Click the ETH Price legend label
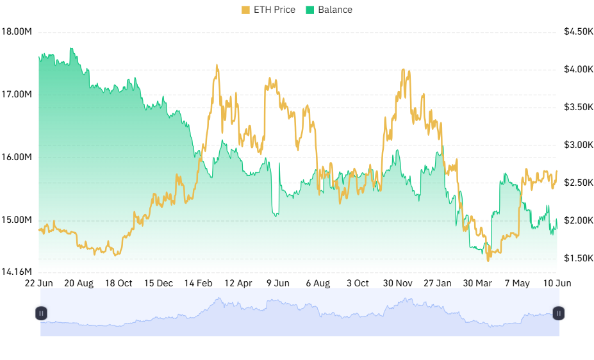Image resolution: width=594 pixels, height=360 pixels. coord(274,10)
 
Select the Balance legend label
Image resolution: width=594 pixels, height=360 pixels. coord(335,10)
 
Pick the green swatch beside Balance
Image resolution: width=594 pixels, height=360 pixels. coord(310,10)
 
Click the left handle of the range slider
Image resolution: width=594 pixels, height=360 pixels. coord(40,313)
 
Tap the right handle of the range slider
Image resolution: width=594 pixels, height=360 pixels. coord(559,313)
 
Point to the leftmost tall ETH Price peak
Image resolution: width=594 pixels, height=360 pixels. coord(218,66)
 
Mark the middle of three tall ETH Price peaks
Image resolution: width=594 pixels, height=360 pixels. coord(270,79)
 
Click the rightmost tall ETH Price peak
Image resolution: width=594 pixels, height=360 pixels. coord(404,69)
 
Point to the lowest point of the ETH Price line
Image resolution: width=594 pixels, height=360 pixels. coord(488,259)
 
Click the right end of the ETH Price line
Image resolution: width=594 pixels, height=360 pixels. coord(557,171)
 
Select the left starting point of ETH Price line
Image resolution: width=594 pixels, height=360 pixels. coord(39,229)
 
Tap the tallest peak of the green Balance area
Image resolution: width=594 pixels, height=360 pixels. coord(71,48)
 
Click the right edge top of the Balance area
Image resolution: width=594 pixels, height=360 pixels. coord(556,219)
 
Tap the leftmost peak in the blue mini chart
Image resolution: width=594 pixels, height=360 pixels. coord(219,298)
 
